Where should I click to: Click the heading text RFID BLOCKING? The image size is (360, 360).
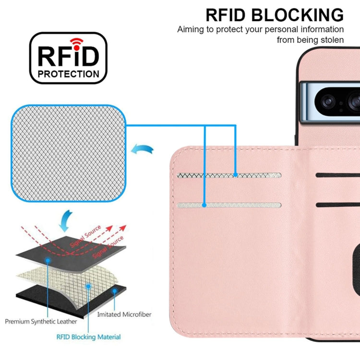275,15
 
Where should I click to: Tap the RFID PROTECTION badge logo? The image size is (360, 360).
68,58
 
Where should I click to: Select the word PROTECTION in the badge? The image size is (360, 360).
68,74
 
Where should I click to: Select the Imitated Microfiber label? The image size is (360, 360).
124,314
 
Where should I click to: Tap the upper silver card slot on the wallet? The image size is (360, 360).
229,175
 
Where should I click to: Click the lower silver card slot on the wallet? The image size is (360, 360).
229,205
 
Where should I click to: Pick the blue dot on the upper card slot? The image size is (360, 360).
235,175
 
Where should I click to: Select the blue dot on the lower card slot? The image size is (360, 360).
204,205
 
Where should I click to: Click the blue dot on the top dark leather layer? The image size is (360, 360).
48,260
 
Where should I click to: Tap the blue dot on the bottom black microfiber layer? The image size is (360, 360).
114,290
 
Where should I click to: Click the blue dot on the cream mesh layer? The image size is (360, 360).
88,286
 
